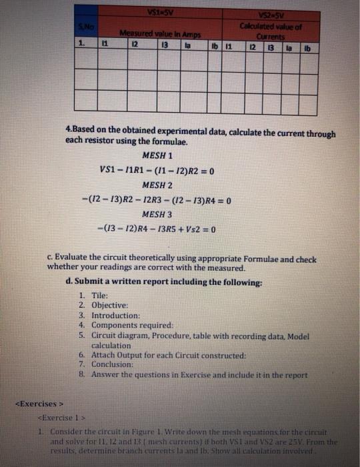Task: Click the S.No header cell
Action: pos(83,25)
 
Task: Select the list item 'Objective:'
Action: pos(111,305)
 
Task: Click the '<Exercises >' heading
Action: pos(39,404)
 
